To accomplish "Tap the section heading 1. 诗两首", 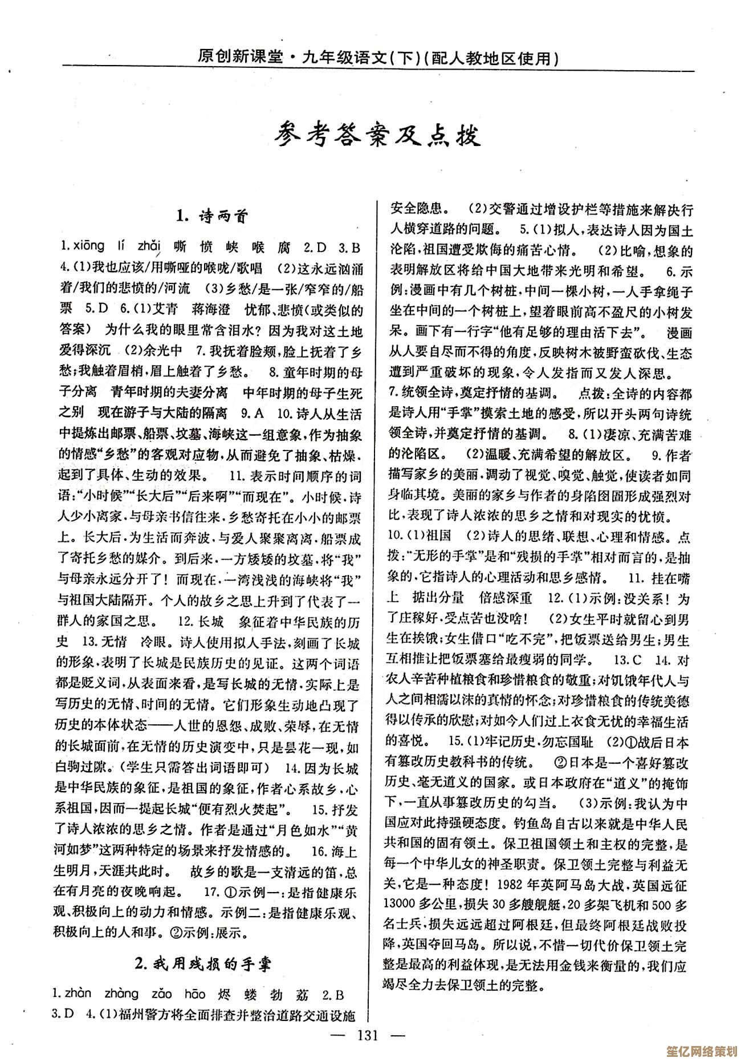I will tap(211, 216).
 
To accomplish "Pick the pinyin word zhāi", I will tap(151, 246).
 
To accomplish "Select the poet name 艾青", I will tap(165, 310).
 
